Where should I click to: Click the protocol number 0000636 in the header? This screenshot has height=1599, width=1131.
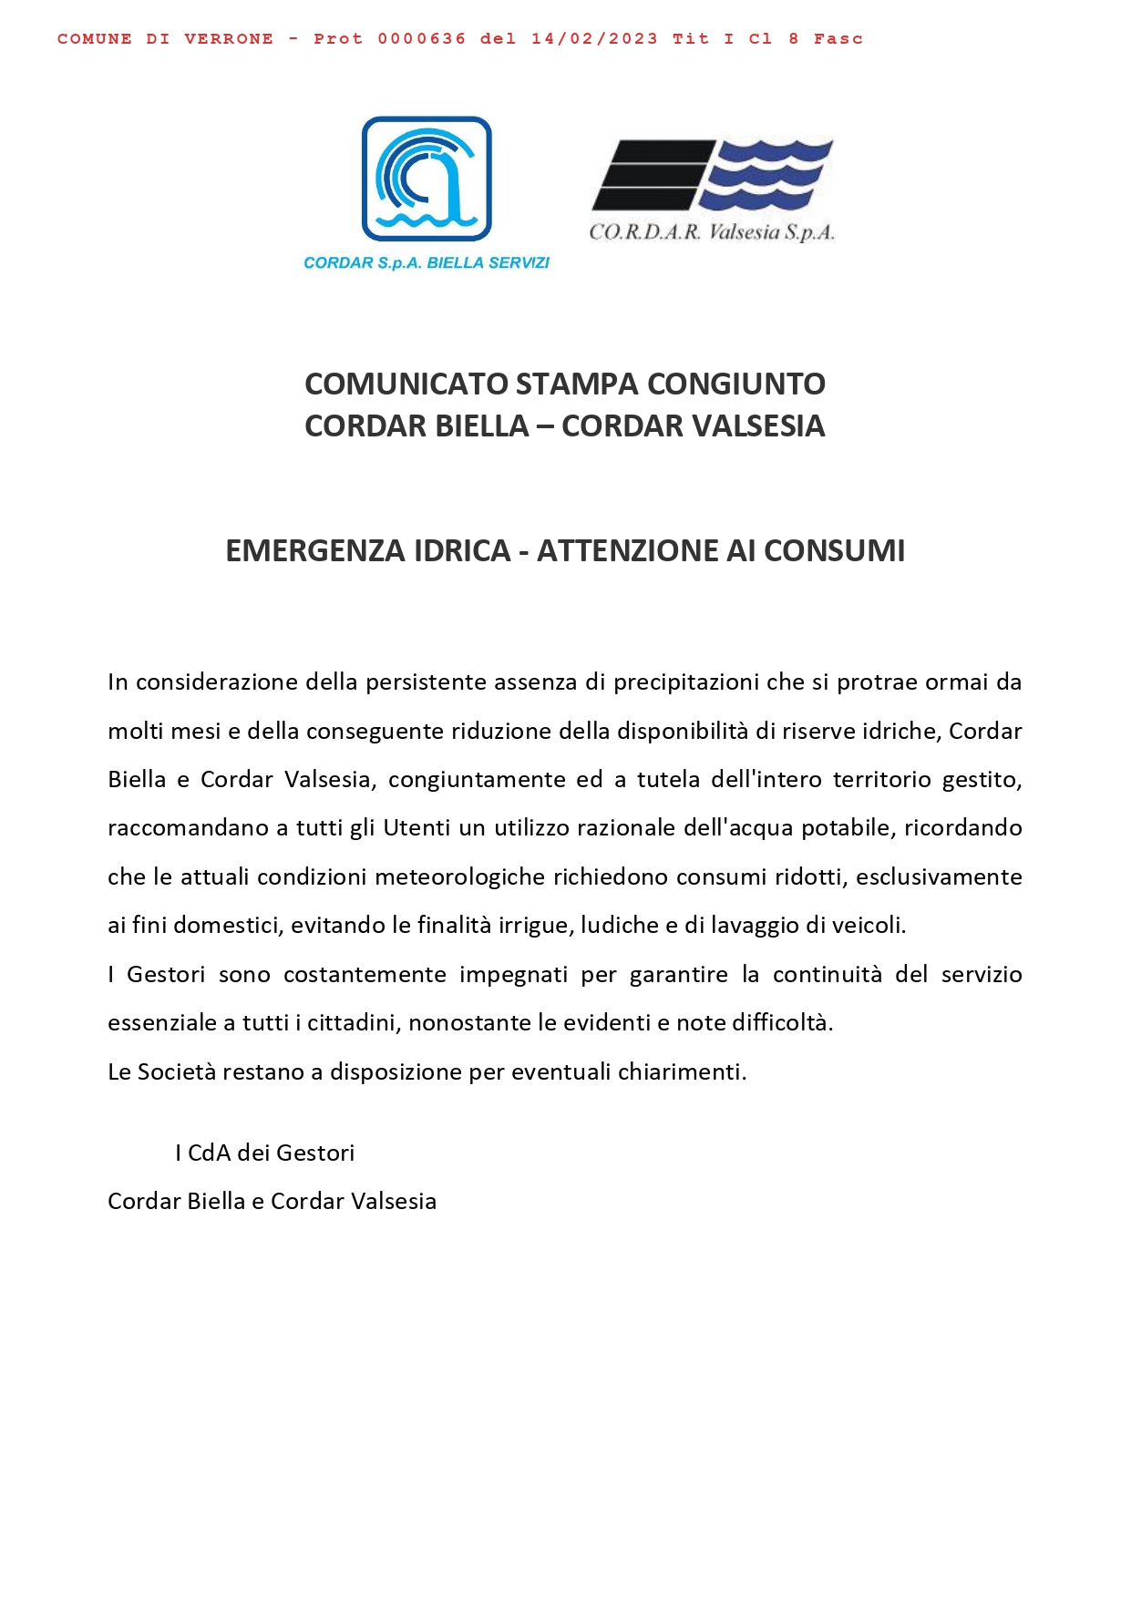(421, 39)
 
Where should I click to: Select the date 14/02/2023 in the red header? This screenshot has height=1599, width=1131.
(594, 39)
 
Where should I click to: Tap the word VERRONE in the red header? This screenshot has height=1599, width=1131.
(229, 39)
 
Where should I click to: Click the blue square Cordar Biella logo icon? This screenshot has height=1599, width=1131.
(427, 179)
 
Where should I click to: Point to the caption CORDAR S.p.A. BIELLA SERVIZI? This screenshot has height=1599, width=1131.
(427, 263)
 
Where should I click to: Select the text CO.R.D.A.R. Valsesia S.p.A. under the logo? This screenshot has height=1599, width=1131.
(712, 232)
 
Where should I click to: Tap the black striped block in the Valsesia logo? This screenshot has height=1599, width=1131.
(651, 174)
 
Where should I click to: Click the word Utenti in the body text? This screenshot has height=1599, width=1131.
(416, 828)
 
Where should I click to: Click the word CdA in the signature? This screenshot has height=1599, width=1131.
(209, 1153)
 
